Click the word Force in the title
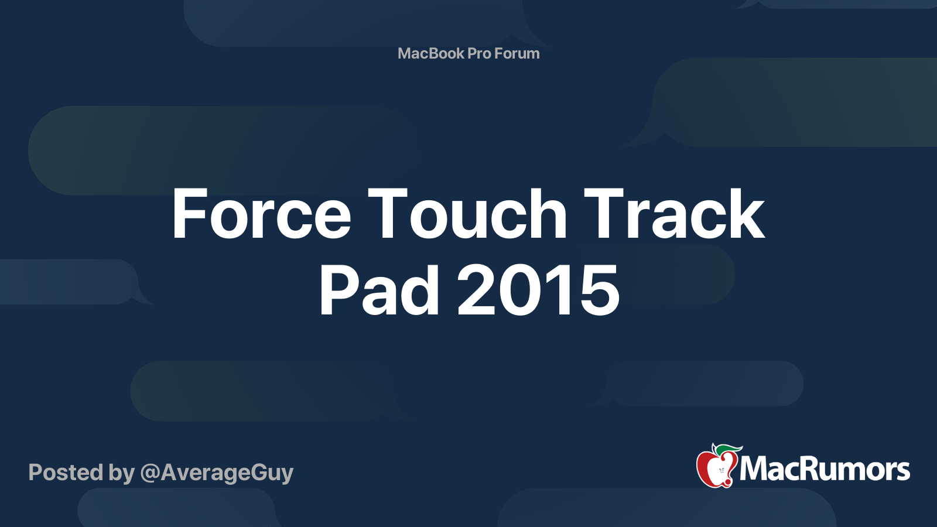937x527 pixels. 261,214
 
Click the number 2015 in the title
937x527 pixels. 538,290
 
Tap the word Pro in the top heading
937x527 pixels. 479,53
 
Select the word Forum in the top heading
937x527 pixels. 517,53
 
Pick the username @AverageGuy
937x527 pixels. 217,473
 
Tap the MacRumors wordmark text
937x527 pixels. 825,470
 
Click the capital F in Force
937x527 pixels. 188,214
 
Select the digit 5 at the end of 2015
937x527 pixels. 599,290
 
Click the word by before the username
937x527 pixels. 121,473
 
